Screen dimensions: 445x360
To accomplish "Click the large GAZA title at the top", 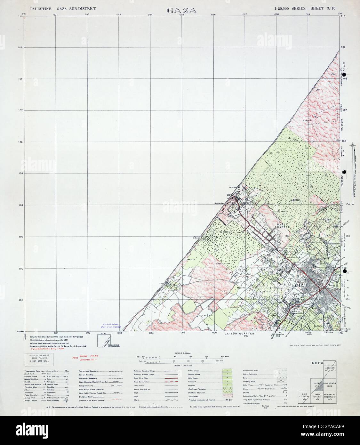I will click(182, 10).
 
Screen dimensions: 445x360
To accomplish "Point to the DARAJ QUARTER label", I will click(282, 225).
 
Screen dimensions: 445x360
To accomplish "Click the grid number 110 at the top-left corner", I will click(20, 16).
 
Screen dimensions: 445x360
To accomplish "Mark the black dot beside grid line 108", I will click(344, 75).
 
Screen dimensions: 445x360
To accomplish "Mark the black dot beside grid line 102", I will click(345, 271).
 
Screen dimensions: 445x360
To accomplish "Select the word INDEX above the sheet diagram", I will click(317, 363).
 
